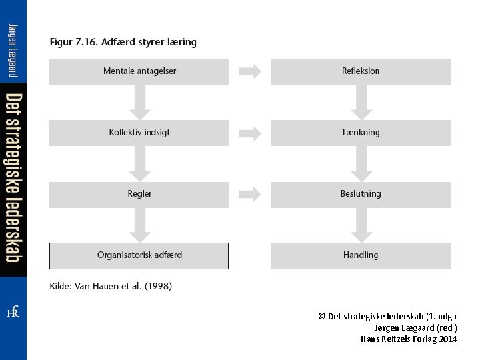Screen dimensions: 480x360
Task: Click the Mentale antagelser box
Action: pos(139,71)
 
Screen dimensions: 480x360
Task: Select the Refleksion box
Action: pos(361,71)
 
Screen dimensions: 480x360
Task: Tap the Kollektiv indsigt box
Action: pos(139,133)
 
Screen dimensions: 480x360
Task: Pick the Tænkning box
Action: pos(361,133)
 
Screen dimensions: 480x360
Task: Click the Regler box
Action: pos(139,194)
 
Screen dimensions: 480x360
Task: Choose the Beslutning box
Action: pos(361,194)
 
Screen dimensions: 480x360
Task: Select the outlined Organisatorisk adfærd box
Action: pos(139,255)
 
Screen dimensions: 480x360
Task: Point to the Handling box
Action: pos(361,255)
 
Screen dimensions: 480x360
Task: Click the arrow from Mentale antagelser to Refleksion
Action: pos(250,71)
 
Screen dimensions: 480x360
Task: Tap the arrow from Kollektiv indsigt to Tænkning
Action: pos(250,133)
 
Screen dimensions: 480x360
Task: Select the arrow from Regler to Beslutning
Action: pos(250,194)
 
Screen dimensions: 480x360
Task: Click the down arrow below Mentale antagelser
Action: pos(139,103)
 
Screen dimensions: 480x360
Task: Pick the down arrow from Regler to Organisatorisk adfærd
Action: pos(139,225)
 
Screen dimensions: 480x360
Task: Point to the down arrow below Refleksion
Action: pos(361,103)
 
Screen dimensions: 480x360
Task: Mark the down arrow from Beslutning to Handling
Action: pos(361,225)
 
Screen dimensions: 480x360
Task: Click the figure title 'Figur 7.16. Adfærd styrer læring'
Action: pos(123,42)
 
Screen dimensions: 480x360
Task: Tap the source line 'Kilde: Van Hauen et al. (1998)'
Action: pos(111,286)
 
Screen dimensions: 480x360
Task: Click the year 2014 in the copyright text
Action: pos(448,339)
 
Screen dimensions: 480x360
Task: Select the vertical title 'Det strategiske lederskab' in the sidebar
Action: pos(13,177)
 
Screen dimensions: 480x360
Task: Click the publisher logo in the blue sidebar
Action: pos(13,312)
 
